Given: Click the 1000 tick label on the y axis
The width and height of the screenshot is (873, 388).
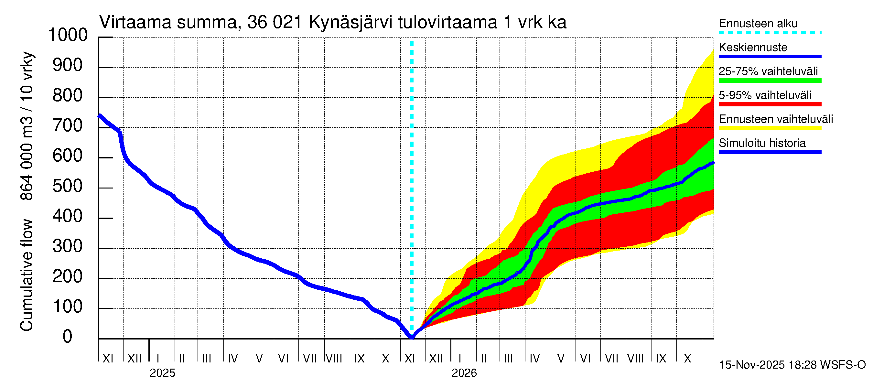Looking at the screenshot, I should [68, 35].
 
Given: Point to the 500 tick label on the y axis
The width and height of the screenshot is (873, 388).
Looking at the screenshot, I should [68, 186].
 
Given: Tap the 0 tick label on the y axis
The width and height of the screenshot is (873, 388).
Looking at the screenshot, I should [68, 337].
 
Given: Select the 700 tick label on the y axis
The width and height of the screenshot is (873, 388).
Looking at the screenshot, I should [68, 126].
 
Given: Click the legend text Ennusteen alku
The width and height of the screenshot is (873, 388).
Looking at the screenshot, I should [758, 23].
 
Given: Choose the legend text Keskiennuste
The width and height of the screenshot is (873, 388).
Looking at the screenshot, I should [753, 47].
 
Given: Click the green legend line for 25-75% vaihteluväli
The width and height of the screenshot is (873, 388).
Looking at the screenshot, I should [770, 81].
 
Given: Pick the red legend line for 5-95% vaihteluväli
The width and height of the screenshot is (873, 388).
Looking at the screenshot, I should [770, 104].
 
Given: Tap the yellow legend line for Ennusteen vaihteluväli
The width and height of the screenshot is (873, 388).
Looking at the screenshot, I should [770, 128].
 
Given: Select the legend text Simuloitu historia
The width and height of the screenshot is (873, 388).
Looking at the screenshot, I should [762, 143].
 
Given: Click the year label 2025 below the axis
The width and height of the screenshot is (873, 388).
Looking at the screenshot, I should [162, 373].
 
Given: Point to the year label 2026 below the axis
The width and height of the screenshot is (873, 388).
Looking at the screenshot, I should [464, 373].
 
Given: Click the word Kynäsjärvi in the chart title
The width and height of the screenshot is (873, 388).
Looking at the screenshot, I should [350, 23].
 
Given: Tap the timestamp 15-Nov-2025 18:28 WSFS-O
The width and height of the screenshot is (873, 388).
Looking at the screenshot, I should [792, 365].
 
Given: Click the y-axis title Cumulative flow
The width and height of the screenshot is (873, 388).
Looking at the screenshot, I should [27, 275].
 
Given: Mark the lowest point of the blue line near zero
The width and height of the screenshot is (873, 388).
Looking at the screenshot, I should [412, 338].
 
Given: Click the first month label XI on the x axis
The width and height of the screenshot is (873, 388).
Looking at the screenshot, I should [108, 359].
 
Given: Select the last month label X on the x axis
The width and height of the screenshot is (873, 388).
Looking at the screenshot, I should [687, 359].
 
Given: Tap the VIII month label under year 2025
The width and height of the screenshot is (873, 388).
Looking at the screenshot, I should [334, 359].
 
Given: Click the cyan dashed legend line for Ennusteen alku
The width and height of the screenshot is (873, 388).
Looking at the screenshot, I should [770, 33].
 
